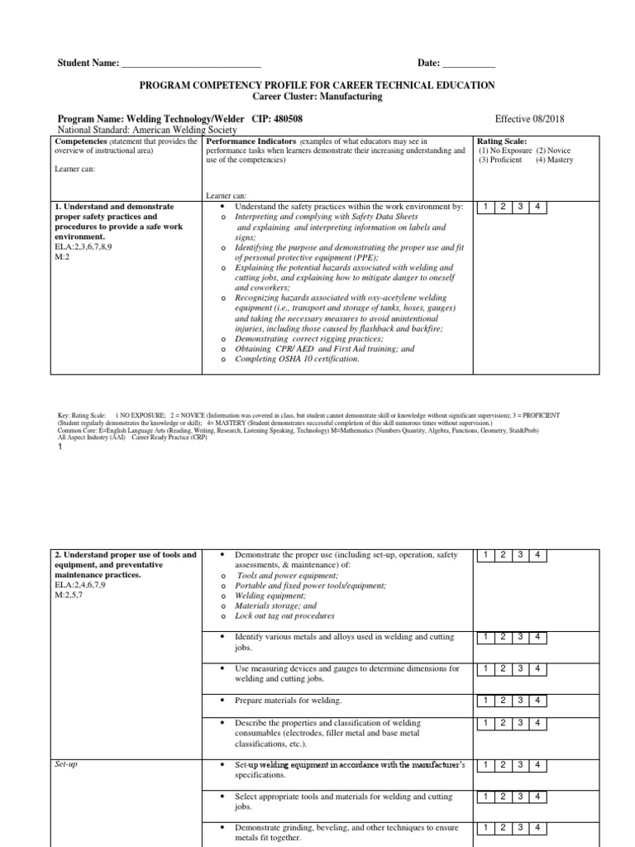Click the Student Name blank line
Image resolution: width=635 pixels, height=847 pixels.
(x=191, y=65)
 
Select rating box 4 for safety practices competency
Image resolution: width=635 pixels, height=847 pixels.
(x=537, y=206)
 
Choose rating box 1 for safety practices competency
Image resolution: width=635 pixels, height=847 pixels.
(x=486, y=206)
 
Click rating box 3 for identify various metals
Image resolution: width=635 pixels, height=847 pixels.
(x=520, y=636)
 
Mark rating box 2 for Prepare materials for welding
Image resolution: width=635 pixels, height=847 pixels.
(x=503, y=700)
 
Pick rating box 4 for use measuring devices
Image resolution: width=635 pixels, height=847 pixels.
(x=537, y=668)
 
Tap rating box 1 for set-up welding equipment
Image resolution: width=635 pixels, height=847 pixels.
(x=486, y=764)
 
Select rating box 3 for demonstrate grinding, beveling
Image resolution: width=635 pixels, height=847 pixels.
(x=520, y=827)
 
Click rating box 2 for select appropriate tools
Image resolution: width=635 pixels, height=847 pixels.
(x=503, y=797)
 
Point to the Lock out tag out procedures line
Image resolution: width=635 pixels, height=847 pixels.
(x=284, y=616)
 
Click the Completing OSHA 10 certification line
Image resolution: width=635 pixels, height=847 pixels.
(x=297, y=359)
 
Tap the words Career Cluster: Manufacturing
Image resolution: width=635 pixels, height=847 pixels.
(x=317, y=97)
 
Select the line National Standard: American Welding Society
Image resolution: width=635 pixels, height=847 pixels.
(x=146, y=130)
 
